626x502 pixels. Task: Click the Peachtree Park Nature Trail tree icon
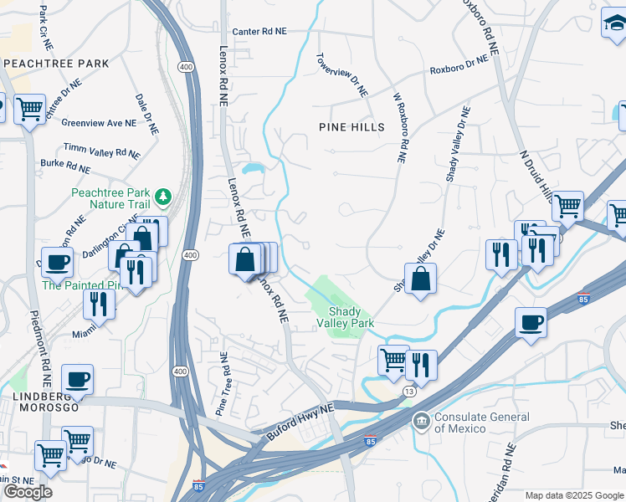[x=164, y=197]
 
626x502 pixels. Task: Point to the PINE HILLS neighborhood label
[x=351, y=127]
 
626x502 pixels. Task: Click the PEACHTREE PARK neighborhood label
[x=56, y=64]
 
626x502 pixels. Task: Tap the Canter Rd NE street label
[x=259, y=31]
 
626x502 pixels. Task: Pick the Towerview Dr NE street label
[x=342, y=76]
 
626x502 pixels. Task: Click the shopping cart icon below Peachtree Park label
[x=30, y=108]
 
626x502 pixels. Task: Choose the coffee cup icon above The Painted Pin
[x=57, y=261]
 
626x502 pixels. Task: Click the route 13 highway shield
[x=408, y=391]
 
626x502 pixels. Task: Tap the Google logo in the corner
[x=28, y=492]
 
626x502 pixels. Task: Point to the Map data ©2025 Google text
[x=574, y=495]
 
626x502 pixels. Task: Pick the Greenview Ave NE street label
[x=98, y=123]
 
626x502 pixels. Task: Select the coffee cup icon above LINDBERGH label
[x=77, y=378]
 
